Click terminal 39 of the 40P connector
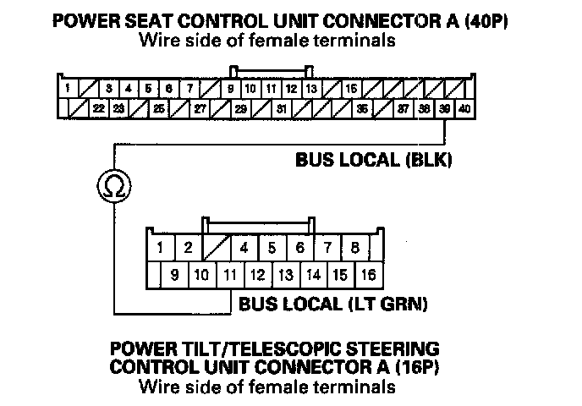[x=445, y=109]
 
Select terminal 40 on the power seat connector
[x=464, y=109]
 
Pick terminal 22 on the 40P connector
[x=99, y=109]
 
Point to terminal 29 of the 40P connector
[x=240, y=109]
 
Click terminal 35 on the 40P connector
[x=361, y=109]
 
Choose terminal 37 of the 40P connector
[x=404, y=109]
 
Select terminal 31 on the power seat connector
[x=281, y=109]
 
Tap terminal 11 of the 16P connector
[x=229, y=275]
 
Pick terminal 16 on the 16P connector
[x=367, y=275]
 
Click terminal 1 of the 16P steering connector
[x=160, y=249]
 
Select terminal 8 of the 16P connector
[x=354, y=249]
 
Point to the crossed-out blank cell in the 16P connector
[x=216, y=249]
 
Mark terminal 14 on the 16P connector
[x=312, y=275]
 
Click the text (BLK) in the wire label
[x=430, y=158]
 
